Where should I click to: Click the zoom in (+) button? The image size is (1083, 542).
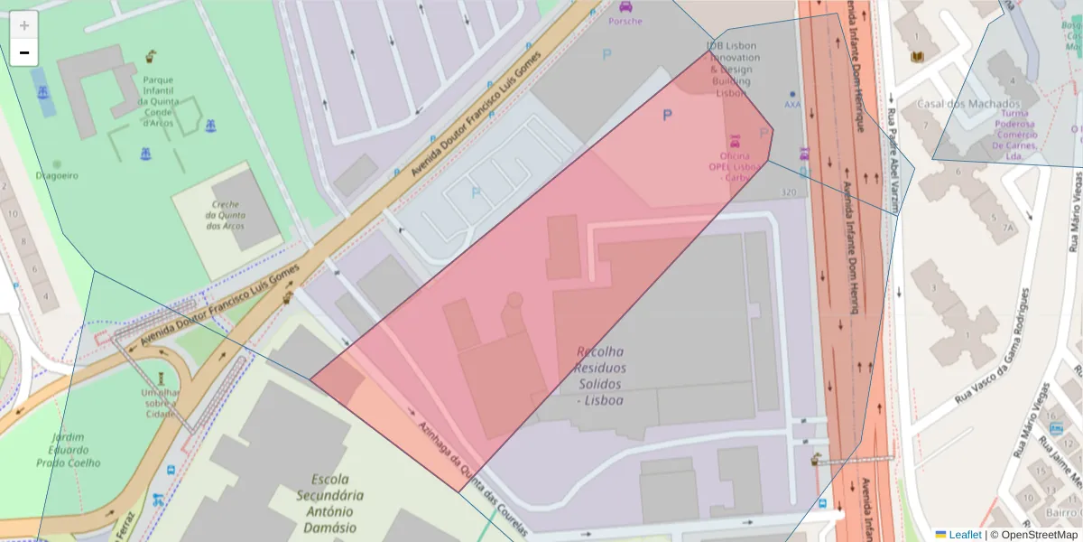click(x=24, y=25)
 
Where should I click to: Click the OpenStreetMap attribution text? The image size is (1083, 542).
click(x=1033, y=535)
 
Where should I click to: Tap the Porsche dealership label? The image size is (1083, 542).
click(x=625, y=20)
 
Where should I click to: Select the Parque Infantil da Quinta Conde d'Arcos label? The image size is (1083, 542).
click(x=164, y=101)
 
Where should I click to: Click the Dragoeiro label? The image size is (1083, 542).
click(x=57, y=175)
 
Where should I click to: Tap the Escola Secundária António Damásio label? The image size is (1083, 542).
click(x=329, y=503)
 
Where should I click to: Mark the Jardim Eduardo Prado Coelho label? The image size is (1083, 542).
click(x=70, y=450)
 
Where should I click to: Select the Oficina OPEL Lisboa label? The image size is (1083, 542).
click(x=732, y=166)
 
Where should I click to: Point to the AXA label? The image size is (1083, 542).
click(x=792, y=104)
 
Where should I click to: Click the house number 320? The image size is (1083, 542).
click(x=789, y=192)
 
